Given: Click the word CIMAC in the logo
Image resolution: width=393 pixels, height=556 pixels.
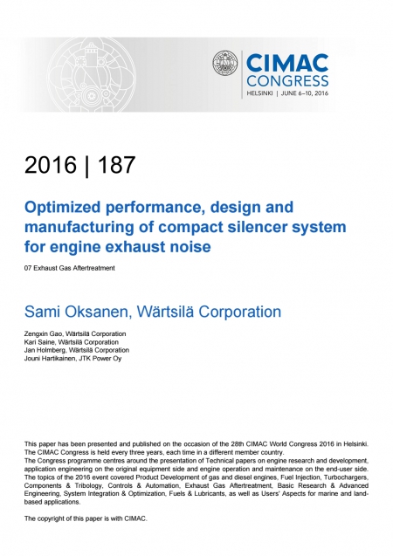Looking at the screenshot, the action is [x=287, y=64].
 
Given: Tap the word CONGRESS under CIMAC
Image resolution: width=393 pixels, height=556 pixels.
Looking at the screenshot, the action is [x=287, y=81].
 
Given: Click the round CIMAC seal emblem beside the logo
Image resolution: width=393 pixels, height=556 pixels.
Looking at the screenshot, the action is [x=225, y=63].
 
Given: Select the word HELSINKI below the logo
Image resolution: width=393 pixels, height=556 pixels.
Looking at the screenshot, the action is [x=259, y=93].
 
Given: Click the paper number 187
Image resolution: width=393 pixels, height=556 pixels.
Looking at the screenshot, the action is [x=117, y=165].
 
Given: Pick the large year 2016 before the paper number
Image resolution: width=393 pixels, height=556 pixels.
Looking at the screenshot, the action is [x=51, y=165].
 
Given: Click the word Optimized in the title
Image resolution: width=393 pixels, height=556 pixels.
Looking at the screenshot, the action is [x=62, y=208].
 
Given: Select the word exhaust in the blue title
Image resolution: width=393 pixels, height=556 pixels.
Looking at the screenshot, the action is [x=139, y=247].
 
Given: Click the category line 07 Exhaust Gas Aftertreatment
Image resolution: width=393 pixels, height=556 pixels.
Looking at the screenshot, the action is [x=70, y=268].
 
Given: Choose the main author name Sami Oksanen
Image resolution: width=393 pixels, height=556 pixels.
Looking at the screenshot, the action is [x=76, y=312].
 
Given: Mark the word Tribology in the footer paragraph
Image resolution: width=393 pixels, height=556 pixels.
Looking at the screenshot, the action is [x=88, y=486].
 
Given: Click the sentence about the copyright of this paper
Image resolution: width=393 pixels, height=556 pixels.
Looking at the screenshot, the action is [x=86, y=518].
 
